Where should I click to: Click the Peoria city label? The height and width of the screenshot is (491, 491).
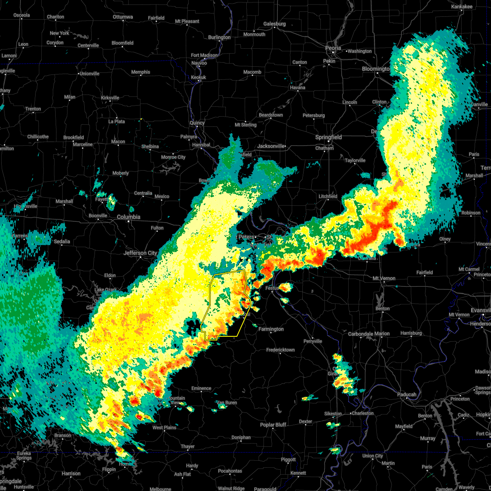(333, 48)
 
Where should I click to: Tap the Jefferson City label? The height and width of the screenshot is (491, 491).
(140, 253)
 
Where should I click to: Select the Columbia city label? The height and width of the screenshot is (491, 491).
(128, 217)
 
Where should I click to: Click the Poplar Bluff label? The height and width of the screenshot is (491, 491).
(273, 425)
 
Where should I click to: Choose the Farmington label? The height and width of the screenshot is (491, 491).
(271, 329)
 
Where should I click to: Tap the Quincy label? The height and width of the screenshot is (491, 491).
(197, 123)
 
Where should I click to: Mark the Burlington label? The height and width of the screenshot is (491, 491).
(219, 37)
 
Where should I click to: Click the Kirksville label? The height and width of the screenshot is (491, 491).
(110, 98)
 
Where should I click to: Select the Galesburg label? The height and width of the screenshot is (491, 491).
(274, 24)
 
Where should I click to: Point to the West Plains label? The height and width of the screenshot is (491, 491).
(164, 428)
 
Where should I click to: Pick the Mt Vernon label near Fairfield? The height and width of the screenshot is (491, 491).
(384, 278)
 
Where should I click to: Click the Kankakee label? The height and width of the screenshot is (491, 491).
(462, 7)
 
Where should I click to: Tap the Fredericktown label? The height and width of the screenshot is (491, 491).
(280, 350)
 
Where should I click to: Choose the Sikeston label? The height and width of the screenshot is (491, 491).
(333, 414)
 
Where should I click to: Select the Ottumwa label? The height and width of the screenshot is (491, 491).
(123, 17)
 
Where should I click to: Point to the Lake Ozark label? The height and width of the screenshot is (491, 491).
(106, 290)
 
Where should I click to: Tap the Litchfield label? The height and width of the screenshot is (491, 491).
(328, 196)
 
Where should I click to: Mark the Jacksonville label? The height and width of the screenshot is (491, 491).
(270, 146)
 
